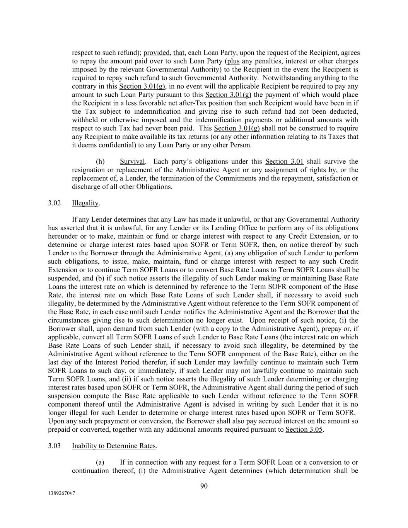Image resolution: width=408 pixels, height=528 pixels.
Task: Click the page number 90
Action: (204, 486)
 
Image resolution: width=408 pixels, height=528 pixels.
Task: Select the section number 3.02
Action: (55, 203)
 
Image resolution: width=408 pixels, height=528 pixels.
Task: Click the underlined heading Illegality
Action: (85, 203)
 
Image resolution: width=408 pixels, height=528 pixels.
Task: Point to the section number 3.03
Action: (55, 446)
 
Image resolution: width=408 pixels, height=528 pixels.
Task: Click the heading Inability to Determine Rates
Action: (114, 446)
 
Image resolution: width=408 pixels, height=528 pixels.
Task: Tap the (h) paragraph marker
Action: (100, 162)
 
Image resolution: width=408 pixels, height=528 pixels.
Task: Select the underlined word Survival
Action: (132, 162)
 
